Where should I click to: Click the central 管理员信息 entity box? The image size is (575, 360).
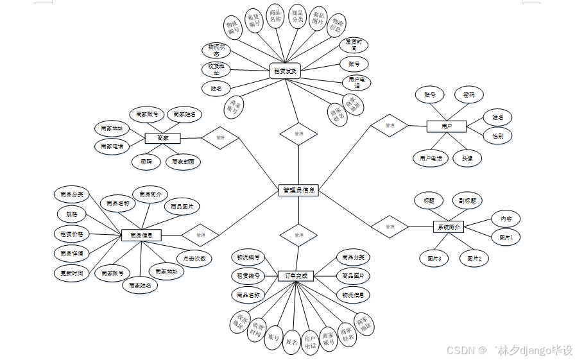click(x=298, y=190)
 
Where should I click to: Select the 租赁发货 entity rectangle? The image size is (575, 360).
click(x=285, y=71)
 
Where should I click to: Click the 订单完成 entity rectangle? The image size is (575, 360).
click(x=296, y=275)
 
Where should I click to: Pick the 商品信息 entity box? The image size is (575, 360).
click(x=141, y=235)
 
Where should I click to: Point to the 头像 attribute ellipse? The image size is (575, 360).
click(x=467, y=158)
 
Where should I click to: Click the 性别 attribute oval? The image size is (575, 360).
click(x=497, y=136)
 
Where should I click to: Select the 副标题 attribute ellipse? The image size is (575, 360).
click(x=467, y=200)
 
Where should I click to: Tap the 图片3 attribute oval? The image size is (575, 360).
click(x=434, y=259)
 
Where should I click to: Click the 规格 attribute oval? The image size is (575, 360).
click(x=71, y=213)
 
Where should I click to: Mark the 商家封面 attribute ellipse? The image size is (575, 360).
click(x=183, y=162)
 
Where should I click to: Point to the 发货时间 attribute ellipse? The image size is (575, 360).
click(x=353, y=44)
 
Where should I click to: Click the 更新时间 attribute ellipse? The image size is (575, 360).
click(x=69, y=273)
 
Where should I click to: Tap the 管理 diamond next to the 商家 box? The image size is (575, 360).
click(x=220, y=137)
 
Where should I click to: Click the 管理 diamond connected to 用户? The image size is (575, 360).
click(x=390, y=126)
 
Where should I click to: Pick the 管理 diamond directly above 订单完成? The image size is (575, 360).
click(x=298, y=235)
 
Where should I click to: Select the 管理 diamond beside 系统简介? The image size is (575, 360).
click(x=390, y=227)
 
